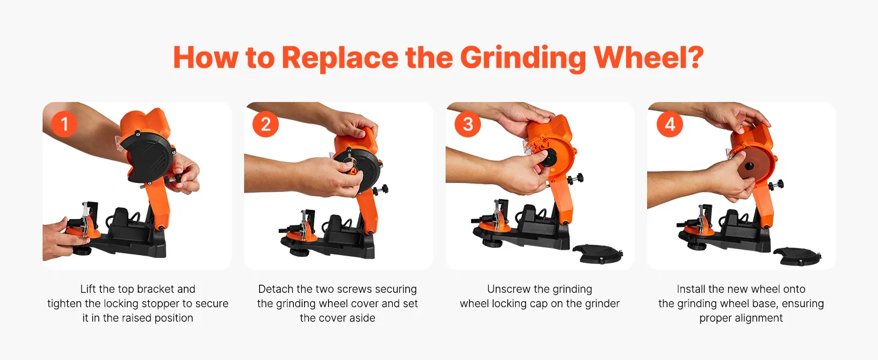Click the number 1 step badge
tap(64, 124)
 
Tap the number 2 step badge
tap(265, 124)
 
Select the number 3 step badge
tap(468, 124)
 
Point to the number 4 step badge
tap(670, 124)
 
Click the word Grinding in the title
tap(523, 58)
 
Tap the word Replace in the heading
tap(340, 58)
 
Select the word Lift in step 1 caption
tap(88, 289)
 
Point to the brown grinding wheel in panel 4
tap(750, 166)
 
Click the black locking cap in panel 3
tap(547, 158)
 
